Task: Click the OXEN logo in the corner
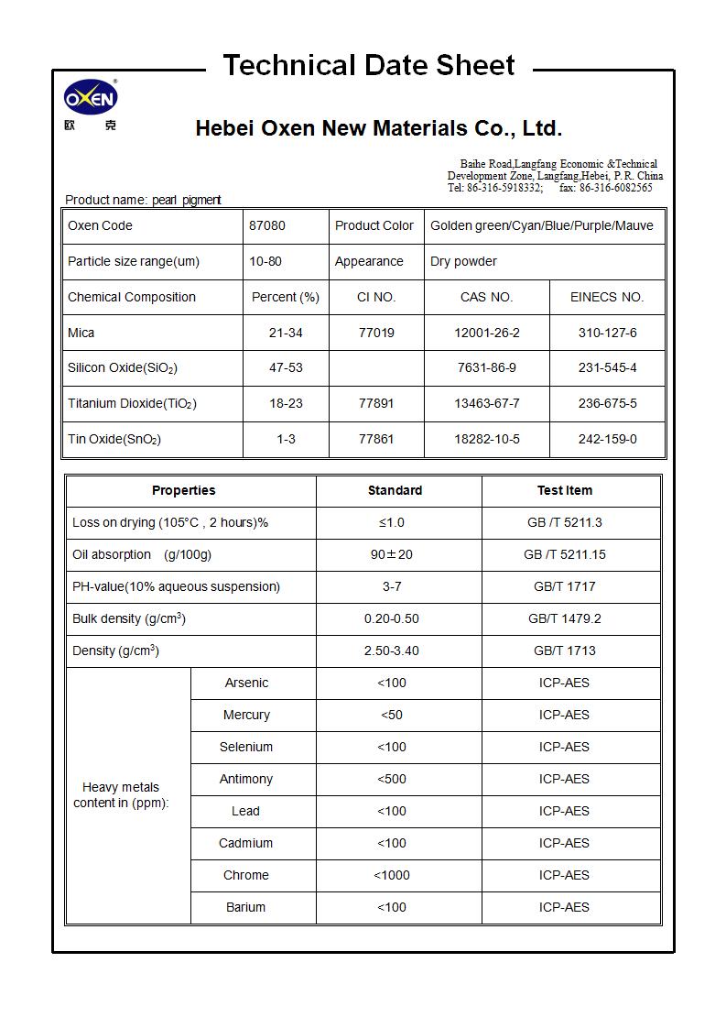click(x=91, y=98)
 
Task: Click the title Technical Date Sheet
click(x=369, y=65)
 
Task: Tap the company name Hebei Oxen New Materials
click(x=378, y=128)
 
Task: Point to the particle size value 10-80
click(x=265, y=261)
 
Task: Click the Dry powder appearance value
click(x=463, y=261)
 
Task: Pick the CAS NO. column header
click(x=486, y=297)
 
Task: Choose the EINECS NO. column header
click(x=607, y=297)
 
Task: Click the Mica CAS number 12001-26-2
click(x=486, y=333)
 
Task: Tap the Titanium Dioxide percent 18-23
click(x=286, y=403)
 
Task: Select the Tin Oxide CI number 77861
click(x=376, y=439)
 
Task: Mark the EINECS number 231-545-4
click(x=607, y=367)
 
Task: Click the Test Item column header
click(x=564, y=490)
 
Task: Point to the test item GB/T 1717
click(x=564, y=586)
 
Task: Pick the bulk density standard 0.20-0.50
click(x=391, y=618)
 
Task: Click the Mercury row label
click(x=246, y=715)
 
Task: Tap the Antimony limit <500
click(x=391, y=779)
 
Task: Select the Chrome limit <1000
click(x=391, y=875)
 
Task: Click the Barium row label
click(x=245, y=907)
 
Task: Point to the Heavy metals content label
click(x=121, y=794)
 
